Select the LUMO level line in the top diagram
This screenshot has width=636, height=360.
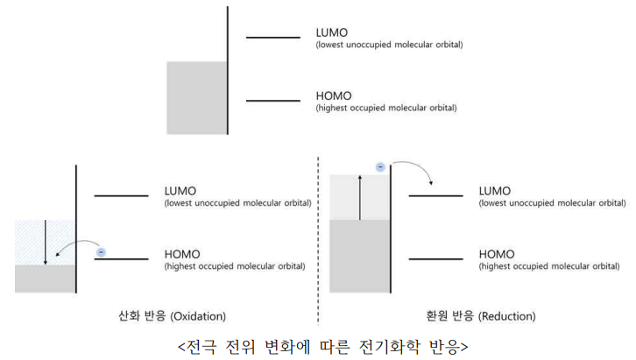point(272,37)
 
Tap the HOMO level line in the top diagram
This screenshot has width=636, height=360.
point(272,101)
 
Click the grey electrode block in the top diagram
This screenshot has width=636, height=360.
point(196,97)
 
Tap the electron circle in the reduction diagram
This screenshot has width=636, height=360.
point(379,167)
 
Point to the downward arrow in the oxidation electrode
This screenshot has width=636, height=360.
point(45,237)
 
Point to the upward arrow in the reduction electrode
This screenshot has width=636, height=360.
point(359,197)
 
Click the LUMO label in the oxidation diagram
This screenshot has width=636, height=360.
point(180,191)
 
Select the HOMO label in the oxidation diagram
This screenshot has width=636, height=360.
point(181,255)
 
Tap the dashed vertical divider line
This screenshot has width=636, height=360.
point(318,236)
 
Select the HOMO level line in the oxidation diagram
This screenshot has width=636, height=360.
point(121,259)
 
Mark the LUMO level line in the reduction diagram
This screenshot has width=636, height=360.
point(435,195)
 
